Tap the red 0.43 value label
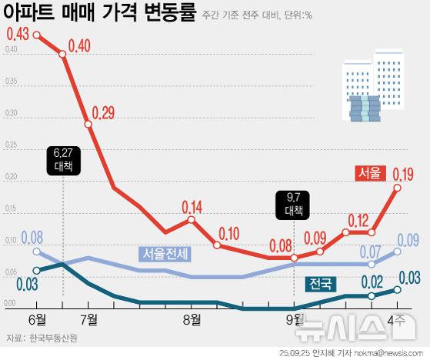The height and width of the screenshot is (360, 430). [18, 35]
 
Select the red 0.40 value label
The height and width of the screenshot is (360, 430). [80, 46]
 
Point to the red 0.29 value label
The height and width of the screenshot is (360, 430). [102, 114]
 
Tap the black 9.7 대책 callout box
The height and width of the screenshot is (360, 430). [294, 204]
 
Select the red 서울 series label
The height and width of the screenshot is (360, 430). [368, 173]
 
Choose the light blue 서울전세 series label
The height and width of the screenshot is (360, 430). [165, 253]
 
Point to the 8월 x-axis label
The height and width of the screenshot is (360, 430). [192, 319]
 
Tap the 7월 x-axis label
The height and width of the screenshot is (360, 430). [88, 319]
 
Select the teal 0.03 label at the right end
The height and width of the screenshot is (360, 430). [408, 277]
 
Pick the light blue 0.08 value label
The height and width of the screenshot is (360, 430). [32, 238]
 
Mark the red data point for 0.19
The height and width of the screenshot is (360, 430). [398, 187]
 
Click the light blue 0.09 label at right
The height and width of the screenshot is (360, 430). [408, 239]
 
